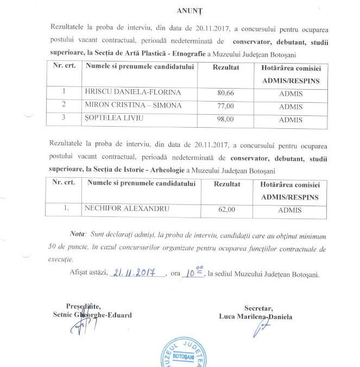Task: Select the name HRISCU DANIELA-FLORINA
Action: point(132,92)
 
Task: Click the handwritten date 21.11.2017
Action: point(133,273)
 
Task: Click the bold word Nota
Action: point(78,234)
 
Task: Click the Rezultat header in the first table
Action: point(225,66)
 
